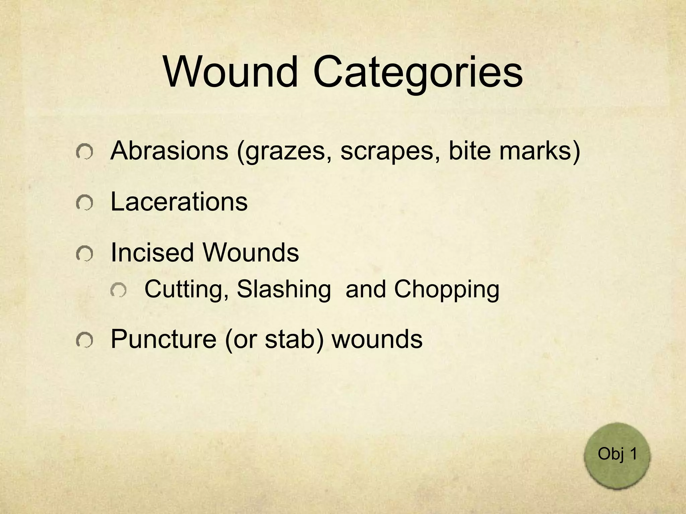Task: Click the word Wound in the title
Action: pos(231,72)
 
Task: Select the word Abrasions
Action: pos(169,151)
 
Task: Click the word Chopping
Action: pos(447,290)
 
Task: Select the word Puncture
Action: pos(163,339)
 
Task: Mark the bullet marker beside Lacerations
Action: pos(84,203)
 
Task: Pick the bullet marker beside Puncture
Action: pos(84,340)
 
